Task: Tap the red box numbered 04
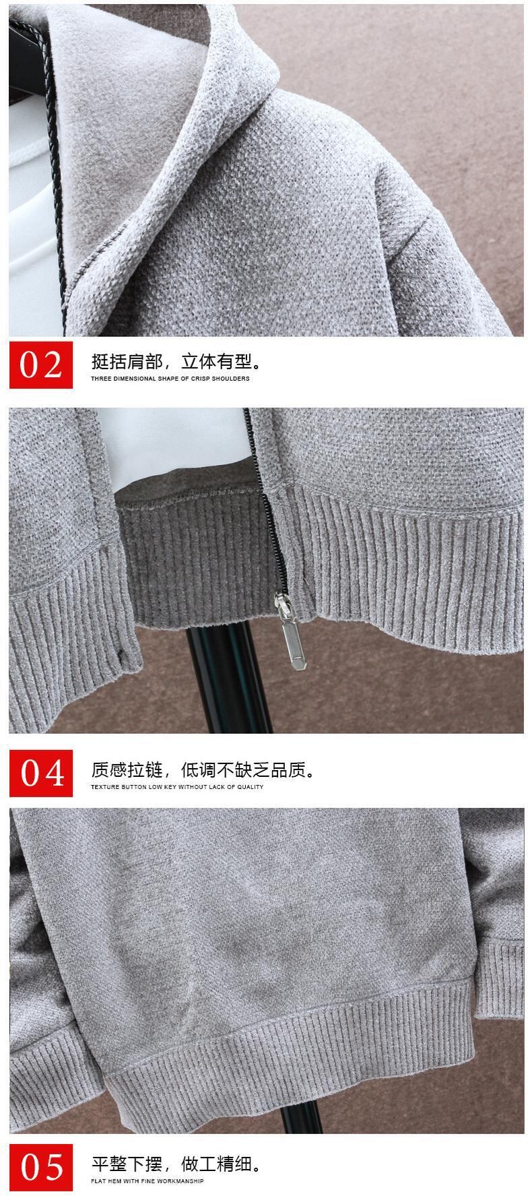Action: click(x=40, y=773)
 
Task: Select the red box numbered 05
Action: click(x=40, y=1168)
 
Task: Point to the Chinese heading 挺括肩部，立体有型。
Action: click(x=176, y=362)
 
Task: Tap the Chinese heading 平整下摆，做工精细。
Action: click(x=176, y=1164)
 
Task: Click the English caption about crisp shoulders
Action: click(x=170, y=379)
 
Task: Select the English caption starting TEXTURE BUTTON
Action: click(x=177, y=786)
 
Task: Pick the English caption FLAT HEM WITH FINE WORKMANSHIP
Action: click(x=147, y=1181)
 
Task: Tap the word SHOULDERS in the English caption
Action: click(x=232, y=379)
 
